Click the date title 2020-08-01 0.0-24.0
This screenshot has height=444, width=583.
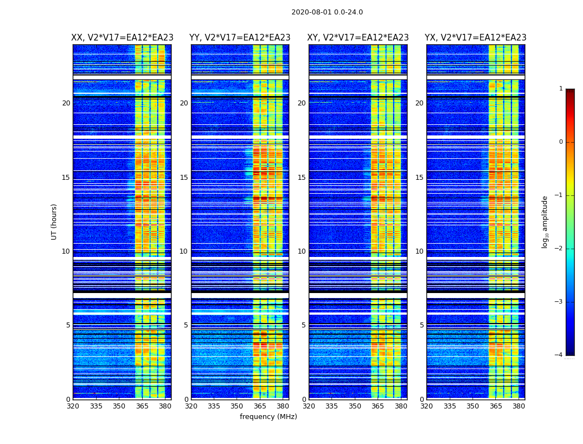[x=327, y=12]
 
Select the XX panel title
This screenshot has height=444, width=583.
[x=122, y=38]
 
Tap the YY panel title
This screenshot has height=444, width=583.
[x=240, y=38]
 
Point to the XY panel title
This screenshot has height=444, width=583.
[x=358, y=38]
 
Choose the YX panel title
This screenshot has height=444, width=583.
[x=475, y=38]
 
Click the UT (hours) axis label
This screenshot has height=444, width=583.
[x=54, y=221]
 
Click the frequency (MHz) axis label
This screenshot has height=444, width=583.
[x=268, y=417]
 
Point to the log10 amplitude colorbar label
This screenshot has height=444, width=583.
[x=545, y=221]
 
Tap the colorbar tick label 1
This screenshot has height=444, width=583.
[x=561, y=89]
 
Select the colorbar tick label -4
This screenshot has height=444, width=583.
[x=560, y=355]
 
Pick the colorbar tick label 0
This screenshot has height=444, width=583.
[x=561, y=142]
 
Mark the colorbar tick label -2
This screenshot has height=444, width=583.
[x=560, y=249]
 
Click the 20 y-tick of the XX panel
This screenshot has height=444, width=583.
[x=66, y=103]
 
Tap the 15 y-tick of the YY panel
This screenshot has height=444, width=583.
[x=184, y=178]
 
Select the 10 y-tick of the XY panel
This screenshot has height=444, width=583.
[x=301, y=251]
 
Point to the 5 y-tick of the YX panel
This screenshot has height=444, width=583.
[x=421, y=325]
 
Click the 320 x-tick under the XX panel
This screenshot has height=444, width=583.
[x=73, y=406]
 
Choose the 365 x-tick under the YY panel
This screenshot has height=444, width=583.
[x=260, y=406]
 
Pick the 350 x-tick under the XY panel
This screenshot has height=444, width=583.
[x=355, y=406]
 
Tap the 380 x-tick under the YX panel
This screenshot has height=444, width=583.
[x=519, y=406]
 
